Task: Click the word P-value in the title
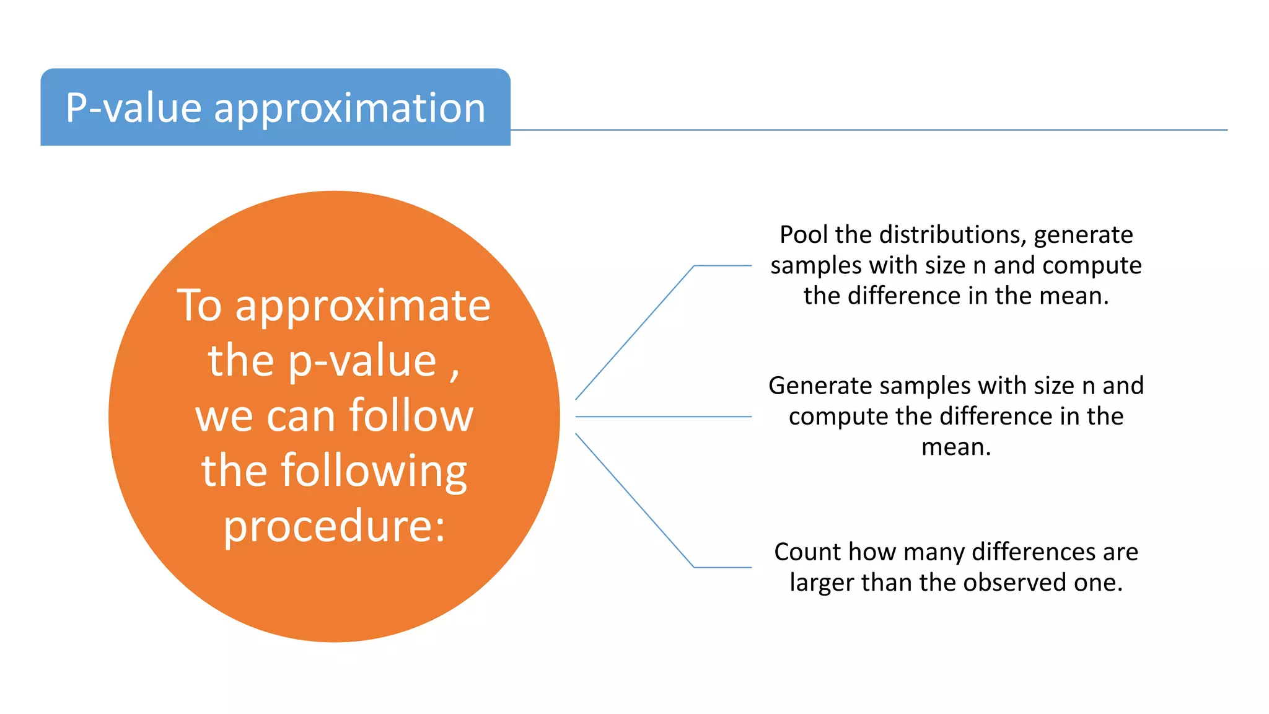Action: pyautogui.click(x=133, y=108)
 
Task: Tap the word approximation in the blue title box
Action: pyautogui.click(x=349, y=109)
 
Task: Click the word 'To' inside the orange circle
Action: pyautogui.click(x=199, y=305)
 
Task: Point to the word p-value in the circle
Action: pyautogui.click(x=362, y=362)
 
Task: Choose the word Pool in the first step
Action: pyautogui.click(x=804, y=235)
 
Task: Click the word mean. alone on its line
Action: pyautogui.click(x=956, y=447)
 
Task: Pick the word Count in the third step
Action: pyautogui.click(x=807, y=552)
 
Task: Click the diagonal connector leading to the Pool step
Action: pyautogui.click(x=634, y=333)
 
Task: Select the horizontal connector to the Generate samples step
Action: pyautogui.click(x=663, y=416)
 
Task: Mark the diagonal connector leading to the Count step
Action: pyautogui.click(x=634, y=500)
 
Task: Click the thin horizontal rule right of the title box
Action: pyautogui.click(x=867, y=130)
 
